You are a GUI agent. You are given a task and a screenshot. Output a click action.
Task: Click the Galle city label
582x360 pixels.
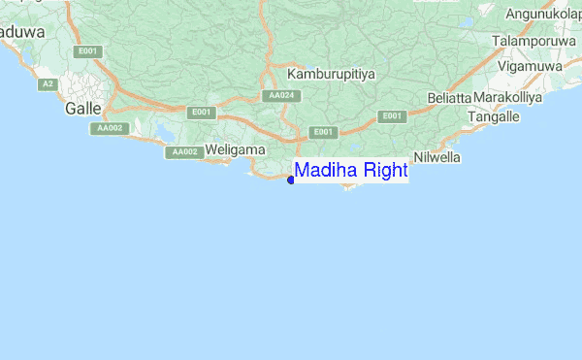coord(82,109)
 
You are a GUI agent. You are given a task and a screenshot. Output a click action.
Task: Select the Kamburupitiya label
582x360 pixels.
coord(331,74)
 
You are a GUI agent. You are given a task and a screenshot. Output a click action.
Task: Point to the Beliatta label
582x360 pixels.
coord(448,99)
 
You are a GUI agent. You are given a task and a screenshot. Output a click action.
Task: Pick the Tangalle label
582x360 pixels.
coord(494,116)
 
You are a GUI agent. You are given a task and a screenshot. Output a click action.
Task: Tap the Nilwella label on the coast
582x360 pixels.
coord(436,157)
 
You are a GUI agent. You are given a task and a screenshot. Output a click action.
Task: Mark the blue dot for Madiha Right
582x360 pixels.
coord(291,179)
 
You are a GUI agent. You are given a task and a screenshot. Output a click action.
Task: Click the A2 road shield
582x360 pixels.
coord(47,84)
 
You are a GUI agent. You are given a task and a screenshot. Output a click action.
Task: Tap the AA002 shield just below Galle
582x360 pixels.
coord(107,128)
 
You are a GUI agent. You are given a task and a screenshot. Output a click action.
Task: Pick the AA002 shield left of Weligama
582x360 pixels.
coord(183,152)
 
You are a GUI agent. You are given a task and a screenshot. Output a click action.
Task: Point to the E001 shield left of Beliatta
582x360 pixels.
coord(392,116)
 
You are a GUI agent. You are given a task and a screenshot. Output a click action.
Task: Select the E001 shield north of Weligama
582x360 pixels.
coord(202,113)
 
